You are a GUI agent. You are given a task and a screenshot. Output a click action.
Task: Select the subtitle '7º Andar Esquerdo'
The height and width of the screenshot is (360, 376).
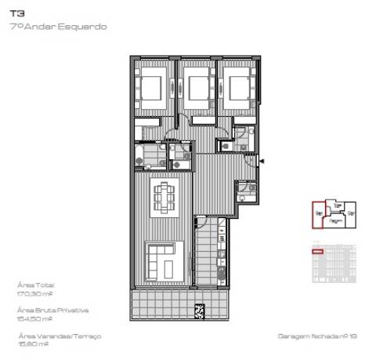point(59,26)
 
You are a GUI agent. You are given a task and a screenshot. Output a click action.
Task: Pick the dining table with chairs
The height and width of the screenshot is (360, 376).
point(164,197)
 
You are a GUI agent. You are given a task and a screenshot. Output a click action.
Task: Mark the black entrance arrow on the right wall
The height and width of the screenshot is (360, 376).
point(262,162)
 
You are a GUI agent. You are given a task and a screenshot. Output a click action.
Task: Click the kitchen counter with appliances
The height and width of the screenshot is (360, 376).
point(222,251)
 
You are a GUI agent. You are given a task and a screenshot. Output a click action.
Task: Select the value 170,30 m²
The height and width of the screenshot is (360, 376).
point(34,293)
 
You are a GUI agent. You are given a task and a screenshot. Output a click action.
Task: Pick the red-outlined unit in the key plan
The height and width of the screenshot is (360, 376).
point(319,212)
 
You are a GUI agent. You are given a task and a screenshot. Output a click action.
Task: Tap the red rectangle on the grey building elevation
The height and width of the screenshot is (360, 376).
point(318,252)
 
